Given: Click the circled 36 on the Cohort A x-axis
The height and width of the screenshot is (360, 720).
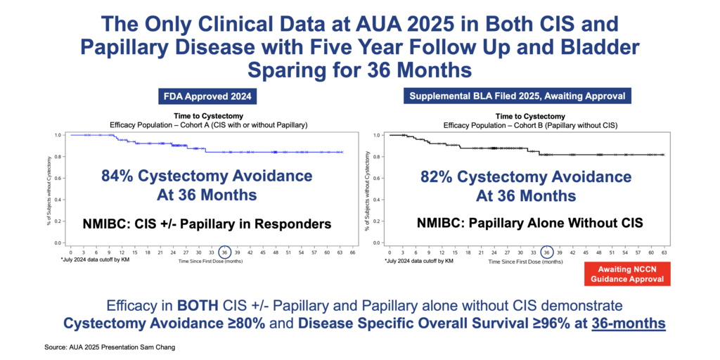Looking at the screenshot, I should pos(224,251).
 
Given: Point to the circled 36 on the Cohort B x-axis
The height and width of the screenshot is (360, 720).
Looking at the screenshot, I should pos(546,251).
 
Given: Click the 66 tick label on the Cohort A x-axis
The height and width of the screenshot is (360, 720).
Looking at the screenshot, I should pos(352,251).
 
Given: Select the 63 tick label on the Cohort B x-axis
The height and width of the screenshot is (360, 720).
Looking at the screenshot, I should pos(662,251).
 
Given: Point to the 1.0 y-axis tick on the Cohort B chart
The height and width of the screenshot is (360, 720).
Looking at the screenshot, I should pos(378,135).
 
